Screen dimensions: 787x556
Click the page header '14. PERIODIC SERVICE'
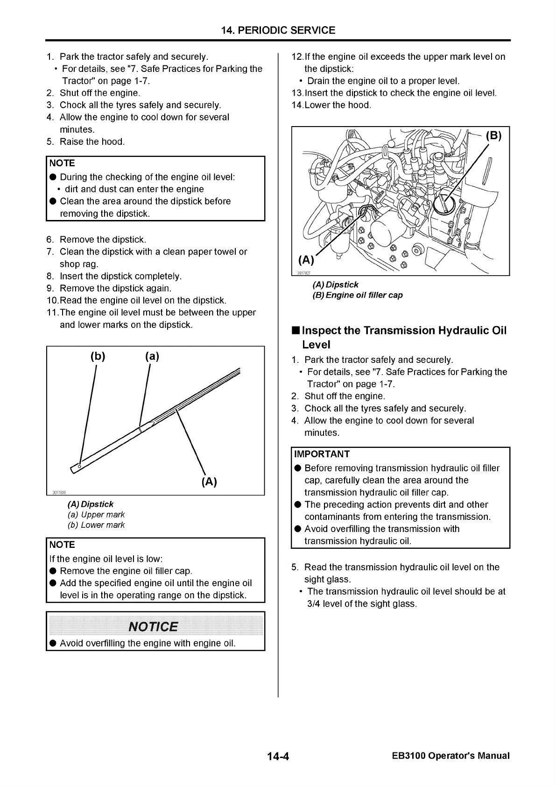pos(278,30)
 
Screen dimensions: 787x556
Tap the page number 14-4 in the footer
pos(278,756)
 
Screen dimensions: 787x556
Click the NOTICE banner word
pos(153,626)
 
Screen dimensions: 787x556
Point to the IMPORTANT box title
pos(322,454)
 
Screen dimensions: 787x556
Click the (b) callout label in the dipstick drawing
pos(98,356)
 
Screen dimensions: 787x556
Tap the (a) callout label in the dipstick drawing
pos(152,356)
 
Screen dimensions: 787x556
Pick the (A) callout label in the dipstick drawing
pos(209,482)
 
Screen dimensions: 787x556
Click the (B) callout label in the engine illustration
pos(493,136)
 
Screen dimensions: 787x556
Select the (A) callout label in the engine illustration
pos(306,260)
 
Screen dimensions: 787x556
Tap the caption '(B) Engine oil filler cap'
pos(357,295)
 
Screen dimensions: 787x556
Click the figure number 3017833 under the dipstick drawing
pos(59,492)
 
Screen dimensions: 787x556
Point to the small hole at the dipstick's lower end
pos(79,466)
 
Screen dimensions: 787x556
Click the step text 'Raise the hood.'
pos(92,142)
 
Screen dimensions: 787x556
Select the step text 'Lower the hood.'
pos(338,105)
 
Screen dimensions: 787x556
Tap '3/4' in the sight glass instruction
pos(313,603)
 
